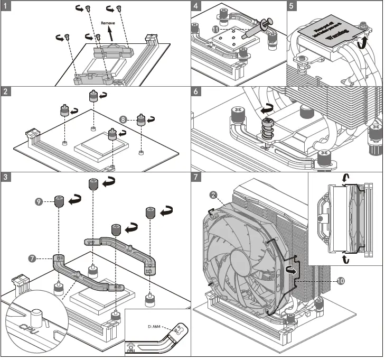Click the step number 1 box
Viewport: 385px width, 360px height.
[x=6, y=6]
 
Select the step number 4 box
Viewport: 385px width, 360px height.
[x=197, y=6]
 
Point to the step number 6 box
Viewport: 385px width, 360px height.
[x=197, y=91]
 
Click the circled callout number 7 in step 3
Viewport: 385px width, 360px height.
[x=33, y=259]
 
